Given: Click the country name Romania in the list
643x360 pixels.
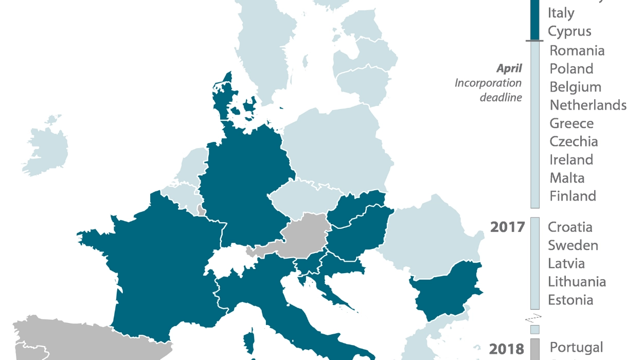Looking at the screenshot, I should [577, 50].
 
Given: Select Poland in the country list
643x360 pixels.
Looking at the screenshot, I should [571, 69].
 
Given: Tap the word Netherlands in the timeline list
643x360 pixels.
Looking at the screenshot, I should [588, 105].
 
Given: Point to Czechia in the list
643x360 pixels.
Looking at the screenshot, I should [574, 141].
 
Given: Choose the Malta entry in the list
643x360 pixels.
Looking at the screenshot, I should [567, 178].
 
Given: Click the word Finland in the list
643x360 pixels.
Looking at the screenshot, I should [573, 196].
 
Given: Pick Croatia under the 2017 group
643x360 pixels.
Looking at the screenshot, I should [570, 227].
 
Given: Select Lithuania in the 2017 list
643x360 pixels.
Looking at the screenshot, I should [577, 282].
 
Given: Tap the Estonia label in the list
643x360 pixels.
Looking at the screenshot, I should [570, 300].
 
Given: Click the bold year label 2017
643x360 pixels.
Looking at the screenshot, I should [507, 227].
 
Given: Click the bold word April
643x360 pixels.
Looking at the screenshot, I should [509, 68].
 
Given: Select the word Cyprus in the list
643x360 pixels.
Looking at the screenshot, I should [569, 31].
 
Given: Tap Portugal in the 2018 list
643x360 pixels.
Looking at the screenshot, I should [576, 347].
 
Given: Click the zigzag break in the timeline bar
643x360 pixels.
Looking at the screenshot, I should [534, 318].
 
